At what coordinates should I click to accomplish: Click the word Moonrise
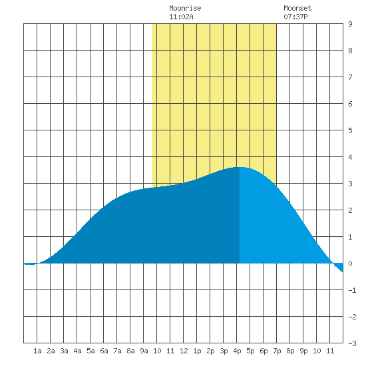point(185,8)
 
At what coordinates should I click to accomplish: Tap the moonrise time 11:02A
point(181,17)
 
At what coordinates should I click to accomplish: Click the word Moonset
point(297,8)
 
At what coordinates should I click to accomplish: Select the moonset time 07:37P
point(295,17)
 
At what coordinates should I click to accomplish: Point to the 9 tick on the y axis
point(350,24)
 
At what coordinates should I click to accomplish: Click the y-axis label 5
point(350,130)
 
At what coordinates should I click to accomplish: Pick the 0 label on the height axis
point(350,264)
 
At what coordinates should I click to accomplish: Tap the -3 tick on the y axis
point(352,343)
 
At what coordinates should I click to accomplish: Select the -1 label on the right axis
point(352,290)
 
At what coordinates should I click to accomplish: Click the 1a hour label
point(37,351)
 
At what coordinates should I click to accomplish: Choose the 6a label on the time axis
point(104,351)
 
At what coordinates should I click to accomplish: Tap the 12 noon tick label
point(184,351)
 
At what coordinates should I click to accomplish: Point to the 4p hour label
point(237,351)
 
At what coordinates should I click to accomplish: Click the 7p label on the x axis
point(277,351)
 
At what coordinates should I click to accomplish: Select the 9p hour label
point(303,351)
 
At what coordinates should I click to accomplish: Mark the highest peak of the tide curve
point(240,167)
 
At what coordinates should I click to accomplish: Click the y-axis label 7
point(350,77)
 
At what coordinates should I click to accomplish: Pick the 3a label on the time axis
point(64,351)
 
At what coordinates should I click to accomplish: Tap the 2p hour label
point(210,351)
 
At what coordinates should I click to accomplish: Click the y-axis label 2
point(350,210)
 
